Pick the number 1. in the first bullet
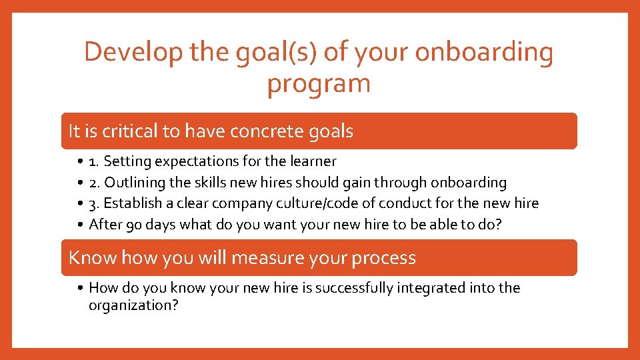[93, 161]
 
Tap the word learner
[313, 161]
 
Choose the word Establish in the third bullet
[130, 203]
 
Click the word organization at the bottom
[130, 306]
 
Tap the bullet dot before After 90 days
[79, 225]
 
